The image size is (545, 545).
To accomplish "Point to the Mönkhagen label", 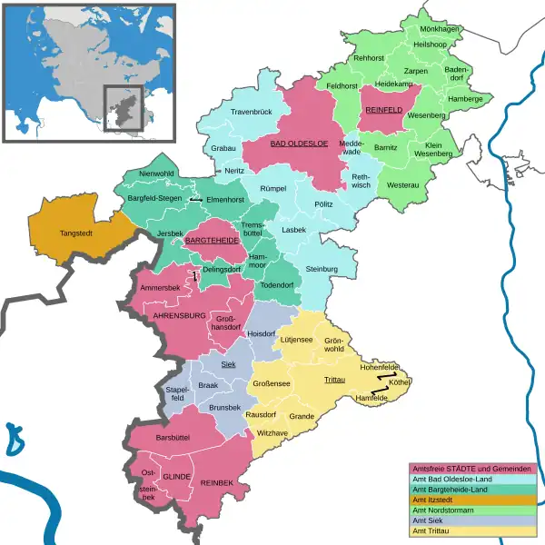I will coord(438,29).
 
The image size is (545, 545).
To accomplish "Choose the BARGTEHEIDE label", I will coord(212,241).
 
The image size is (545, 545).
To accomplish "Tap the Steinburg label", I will coord(322,270).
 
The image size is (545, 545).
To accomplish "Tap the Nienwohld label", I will coord(156,173).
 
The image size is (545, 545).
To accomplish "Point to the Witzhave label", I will coord(272,434).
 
